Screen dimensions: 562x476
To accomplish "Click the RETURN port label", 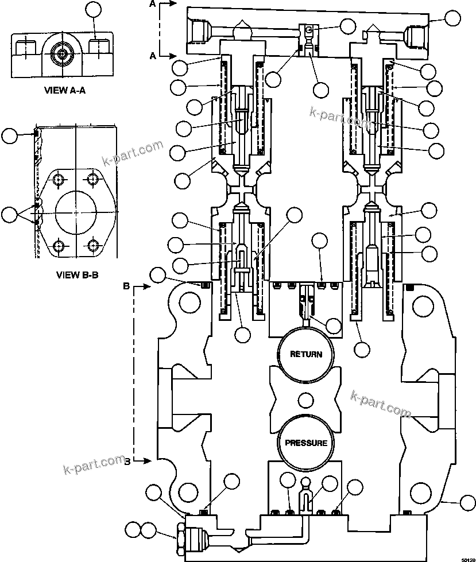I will tap(305, 354).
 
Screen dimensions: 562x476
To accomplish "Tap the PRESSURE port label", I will tap(306, 443).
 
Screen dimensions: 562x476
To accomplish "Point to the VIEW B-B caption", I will tap(78, 274).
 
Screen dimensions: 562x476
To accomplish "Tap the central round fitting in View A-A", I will tap(60, 55).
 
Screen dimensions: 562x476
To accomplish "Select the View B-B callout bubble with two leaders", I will tap(9, 215).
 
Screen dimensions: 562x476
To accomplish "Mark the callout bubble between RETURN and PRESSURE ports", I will tap(305, 400).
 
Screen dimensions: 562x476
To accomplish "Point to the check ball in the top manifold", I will tap(308, 30).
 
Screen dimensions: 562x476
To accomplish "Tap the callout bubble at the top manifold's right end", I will tap(453, 18).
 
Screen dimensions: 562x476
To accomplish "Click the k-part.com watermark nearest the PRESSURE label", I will tap(380, 404).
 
